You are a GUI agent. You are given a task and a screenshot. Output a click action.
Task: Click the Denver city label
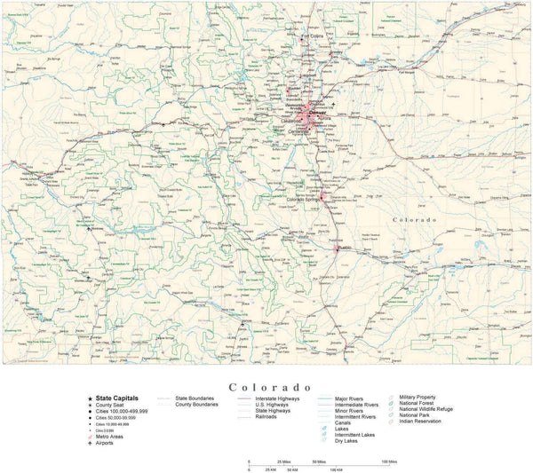[x=317, y=113]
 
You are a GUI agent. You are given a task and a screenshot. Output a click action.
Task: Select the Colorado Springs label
[x=305, y=200]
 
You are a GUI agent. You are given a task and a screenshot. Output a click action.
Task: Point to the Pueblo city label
[x=346, y=249]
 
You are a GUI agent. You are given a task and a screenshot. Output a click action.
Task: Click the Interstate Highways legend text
[x=277, y=399]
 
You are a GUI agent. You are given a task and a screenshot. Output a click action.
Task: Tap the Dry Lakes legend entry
[x=347, y=441]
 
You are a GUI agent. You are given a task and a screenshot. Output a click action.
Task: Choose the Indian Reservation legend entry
[x=423, y=422]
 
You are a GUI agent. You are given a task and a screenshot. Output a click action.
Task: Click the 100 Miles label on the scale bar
[x=389, y=462]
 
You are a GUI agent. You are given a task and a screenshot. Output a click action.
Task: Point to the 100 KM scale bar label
[x=335, y=470]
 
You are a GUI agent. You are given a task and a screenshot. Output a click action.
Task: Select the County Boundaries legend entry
[x=195, y=406]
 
